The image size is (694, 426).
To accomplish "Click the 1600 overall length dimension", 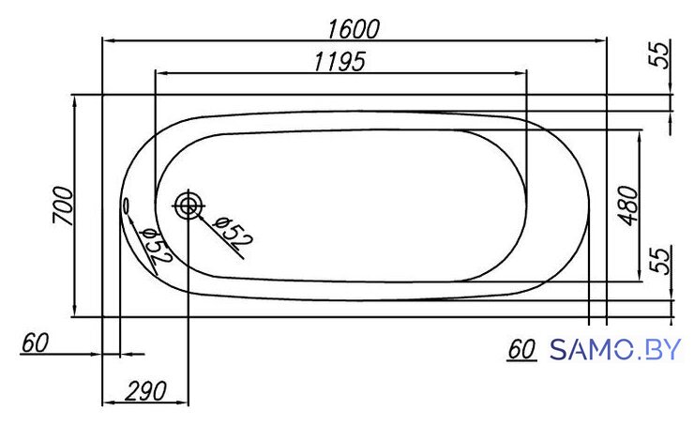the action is pos(354,29).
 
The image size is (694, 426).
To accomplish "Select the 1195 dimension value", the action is pos(339,62).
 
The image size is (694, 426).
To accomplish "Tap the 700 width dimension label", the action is pos(63,205).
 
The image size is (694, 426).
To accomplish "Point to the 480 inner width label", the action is pos(628,205).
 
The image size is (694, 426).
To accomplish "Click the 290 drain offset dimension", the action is pos(145,391).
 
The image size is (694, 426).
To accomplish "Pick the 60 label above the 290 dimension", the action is pos(35,342).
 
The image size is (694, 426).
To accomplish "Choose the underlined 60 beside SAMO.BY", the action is pos(521,349).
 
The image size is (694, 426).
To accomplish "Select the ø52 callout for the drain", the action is pos(233,233).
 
